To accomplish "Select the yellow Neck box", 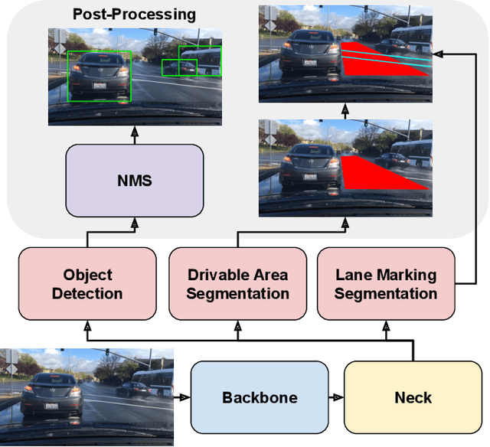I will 413,398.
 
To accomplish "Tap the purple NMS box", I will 135,181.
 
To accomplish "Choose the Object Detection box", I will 87,284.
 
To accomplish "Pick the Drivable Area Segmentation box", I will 237,284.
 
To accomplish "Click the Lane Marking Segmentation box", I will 386,284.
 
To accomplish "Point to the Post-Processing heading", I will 134,15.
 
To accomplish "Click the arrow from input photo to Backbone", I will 182,398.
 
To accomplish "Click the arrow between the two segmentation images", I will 345,109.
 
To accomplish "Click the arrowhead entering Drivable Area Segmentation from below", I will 237,327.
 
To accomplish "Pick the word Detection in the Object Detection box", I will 87,293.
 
